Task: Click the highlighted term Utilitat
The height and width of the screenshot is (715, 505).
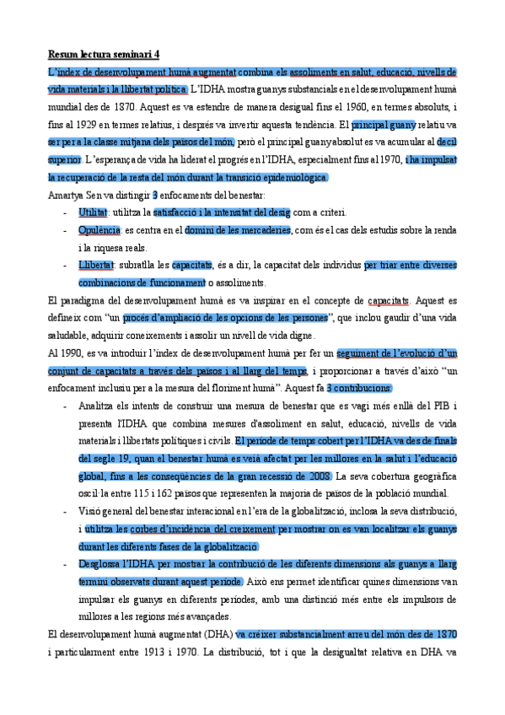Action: click(x=93, y=213)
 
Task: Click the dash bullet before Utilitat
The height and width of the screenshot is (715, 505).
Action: click(x=65, y=213)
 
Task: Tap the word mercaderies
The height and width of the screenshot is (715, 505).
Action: click(x=265, y=231)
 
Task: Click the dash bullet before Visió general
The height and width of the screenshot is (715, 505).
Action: click(x=65, y=512)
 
